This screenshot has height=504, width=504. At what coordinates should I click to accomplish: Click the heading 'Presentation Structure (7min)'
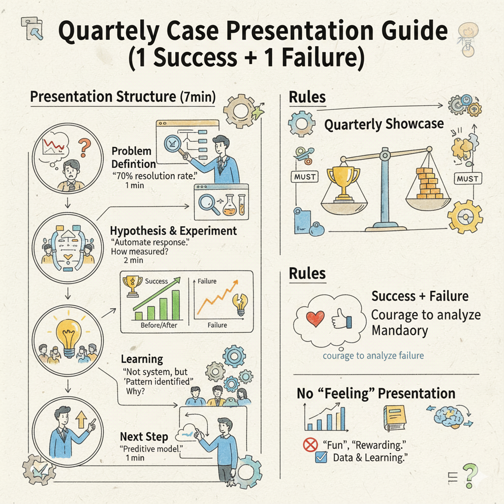(123, 97)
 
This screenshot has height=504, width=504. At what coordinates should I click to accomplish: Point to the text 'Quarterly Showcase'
(384, 125)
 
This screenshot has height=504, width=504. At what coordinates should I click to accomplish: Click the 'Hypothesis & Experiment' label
(173, 230)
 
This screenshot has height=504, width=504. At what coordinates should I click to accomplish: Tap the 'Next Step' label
(144, 437)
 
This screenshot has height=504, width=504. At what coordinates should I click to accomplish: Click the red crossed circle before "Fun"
(310, 445)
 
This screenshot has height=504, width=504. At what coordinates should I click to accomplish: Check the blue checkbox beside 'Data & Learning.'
(320, 458)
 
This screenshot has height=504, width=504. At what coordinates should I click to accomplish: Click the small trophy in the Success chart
(132, 287)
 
